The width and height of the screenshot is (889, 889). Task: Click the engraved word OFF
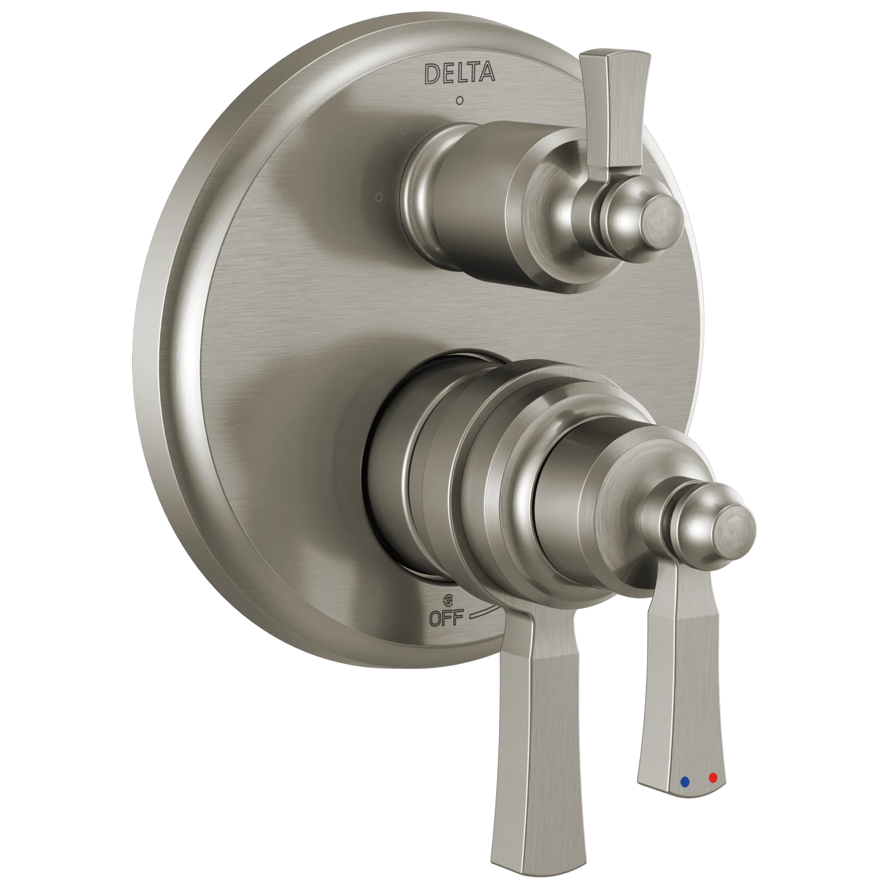click(446, 617)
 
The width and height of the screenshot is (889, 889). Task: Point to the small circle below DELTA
click(459, 100)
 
